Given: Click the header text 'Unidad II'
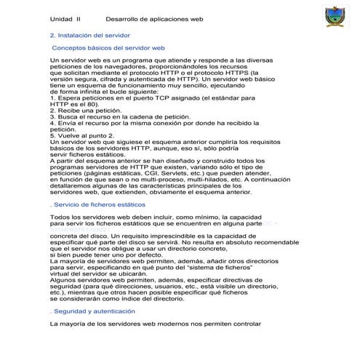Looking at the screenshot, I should click(65, 19).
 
